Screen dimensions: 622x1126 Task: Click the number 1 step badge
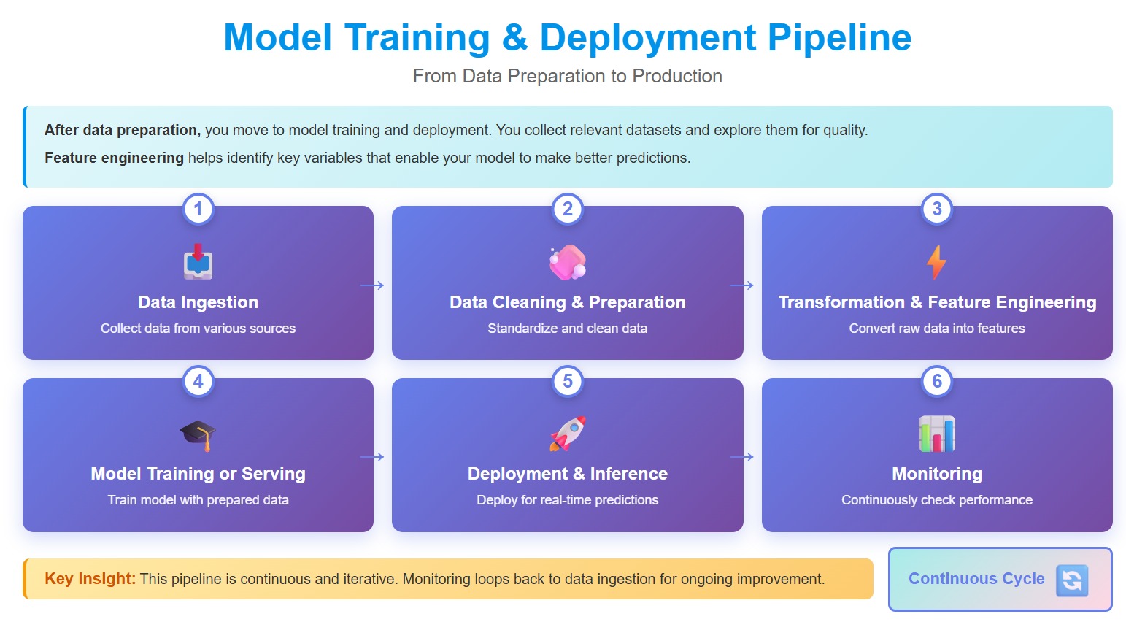tap(198, 210)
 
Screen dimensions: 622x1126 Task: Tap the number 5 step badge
tap(567, 381)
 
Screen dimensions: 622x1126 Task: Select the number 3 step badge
tap(936, 210)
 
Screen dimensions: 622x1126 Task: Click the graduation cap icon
tap(198, 434)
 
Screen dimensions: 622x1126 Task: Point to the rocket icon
tap(567, 434)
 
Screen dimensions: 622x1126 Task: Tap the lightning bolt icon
tap(936, 263)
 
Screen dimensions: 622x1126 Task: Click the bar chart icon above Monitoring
tap(936, 434)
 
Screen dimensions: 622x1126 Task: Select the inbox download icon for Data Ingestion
tap(198, 263)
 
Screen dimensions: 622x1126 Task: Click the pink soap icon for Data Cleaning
tap(567, 263)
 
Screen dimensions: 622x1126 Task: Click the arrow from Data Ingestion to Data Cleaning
tap(372, 285)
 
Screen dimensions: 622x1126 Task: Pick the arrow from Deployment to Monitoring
tap(741, 457)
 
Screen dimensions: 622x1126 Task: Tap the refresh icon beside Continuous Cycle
tap(1071, 580)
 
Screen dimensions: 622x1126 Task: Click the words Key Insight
tap(90, 579)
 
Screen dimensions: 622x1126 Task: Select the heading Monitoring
tap(936, 474)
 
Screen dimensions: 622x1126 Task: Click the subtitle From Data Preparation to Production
tap(567, 76)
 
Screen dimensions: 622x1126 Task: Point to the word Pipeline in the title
tap(839, 38)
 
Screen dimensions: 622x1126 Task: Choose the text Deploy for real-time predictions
tap(567, 500)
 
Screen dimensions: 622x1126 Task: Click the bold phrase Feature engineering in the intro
tap(114, 158)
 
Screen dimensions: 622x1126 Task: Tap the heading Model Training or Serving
tap(198, 474)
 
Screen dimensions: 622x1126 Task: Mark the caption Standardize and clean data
tap(567, 329)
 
